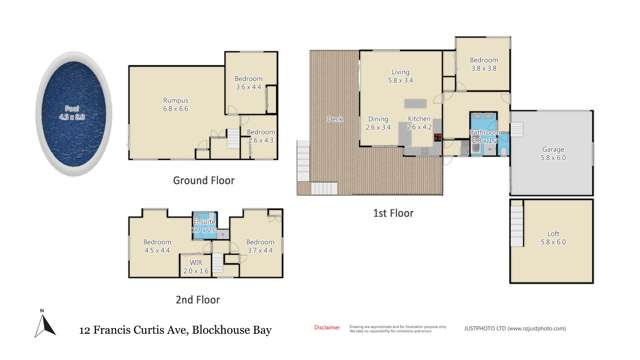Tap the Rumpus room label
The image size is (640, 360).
click(176, 104)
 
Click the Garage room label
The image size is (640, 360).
click(553, 153)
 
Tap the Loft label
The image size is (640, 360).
click(553, 237)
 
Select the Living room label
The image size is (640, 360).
click(400, 76)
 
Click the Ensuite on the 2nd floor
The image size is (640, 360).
click(205, 226)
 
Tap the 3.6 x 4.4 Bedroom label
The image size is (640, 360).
click(247, 82)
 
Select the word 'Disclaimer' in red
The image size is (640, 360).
click(327, 327)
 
